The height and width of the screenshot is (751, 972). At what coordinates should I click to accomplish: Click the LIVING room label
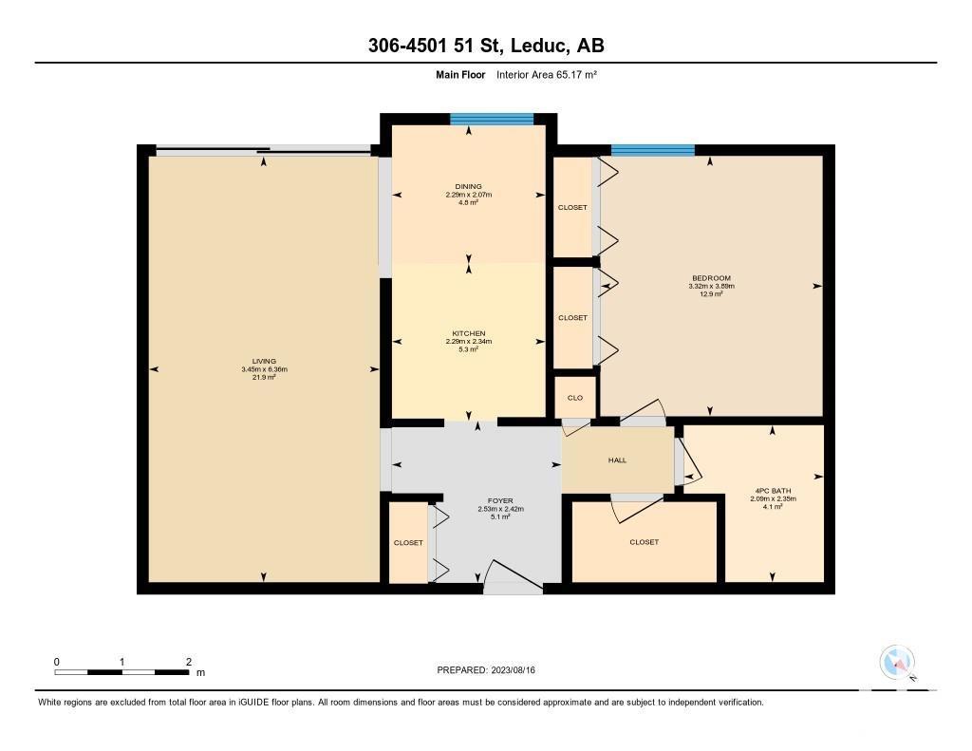264,361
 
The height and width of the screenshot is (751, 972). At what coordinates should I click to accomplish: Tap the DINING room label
468,186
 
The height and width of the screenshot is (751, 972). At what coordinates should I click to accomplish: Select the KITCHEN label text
469,333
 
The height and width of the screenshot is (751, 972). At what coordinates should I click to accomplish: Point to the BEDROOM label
711,278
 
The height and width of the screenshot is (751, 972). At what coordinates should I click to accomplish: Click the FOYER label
500,500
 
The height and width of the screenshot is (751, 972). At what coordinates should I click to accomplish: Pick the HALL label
617,460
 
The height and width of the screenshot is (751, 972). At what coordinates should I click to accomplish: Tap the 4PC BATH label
773,491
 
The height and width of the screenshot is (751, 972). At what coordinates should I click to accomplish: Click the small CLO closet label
575,398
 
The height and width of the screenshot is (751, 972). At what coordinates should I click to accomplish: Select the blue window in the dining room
492,119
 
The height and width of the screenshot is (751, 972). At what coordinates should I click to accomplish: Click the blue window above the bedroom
653,150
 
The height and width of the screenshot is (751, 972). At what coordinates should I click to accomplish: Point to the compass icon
898,663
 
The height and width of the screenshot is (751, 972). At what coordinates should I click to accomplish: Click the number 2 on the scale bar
189,662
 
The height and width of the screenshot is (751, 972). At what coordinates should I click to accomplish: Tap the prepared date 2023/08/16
514,669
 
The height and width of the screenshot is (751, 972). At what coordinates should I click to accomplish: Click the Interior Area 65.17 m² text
547,74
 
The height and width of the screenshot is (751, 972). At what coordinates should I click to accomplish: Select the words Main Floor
460,74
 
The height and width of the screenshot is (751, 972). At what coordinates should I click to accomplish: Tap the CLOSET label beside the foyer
408,543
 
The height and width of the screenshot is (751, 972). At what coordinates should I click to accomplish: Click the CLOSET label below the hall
645,542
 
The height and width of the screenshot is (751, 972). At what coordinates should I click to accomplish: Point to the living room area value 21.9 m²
264,376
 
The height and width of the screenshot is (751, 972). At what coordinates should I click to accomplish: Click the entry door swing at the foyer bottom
514,576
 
